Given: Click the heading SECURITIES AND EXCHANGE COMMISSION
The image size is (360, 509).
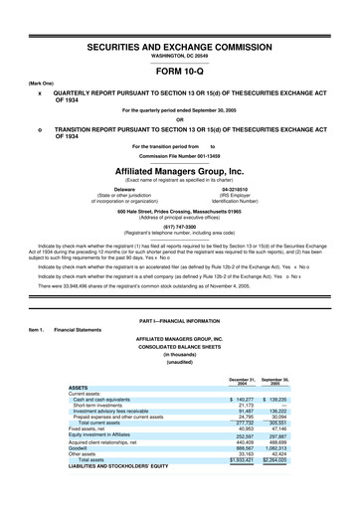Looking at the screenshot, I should tap(180, 47).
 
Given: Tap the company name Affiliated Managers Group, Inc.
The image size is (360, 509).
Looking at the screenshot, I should tap(180, 170).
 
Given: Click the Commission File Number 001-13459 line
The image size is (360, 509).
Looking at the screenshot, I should tap(180, 156).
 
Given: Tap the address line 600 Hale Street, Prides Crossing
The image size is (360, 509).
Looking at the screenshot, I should tap(180, 207).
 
